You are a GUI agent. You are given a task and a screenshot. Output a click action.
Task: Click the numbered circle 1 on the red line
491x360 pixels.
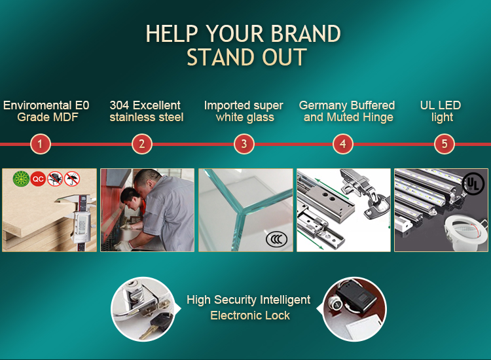[40, 144]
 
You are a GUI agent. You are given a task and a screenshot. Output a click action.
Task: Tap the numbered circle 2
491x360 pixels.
[142, 144]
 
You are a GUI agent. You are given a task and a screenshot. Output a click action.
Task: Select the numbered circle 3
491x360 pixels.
[244, 144]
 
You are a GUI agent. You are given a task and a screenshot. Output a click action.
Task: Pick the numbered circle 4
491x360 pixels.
[343, 144]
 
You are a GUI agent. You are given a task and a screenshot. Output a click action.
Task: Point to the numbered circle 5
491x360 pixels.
[445, 144]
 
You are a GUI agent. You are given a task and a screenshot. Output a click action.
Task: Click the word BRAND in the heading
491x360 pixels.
[306, 33]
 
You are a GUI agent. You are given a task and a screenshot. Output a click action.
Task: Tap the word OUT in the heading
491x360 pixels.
[284, 57]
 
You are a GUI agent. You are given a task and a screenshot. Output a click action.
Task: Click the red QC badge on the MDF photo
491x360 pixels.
[38, 179]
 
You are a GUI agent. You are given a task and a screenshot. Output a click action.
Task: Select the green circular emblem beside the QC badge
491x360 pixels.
[21, 179]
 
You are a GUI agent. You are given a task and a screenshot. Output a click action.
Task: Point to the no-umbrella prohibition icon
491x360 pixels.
[72, 179]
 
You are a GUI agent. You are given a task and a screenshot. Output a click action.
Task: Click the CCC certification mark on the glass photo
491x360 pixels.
[276, 240]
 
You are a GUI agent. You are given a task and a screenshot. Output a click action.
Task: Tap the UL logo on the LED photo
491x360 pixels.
[473, 183]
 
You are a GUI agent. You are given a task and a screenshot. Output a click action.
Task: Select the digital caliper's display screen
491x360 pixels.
[82, 225]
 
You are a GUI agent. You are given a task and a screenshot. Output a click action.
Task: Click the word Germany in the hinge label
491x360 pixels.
[319, 106]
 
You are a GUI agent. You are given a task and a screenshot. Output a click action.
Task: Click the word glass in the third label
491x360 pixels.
[260, 118]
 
